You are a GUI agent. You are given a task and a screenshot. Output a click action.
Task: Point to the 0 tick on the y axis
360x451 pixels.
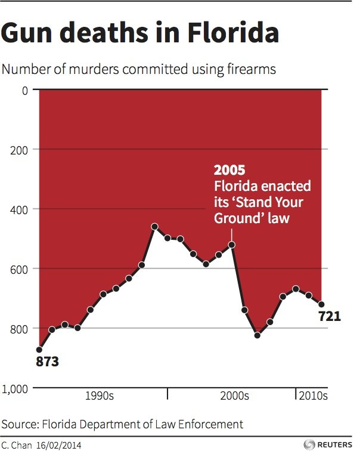click(24, 90)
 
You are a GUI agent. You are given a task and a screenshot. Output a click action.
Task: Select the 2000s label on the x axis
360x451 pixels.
click(234, 396)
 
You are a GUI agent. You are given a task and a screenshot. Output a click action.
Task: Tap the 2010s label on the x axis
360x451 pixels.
click(313, 396)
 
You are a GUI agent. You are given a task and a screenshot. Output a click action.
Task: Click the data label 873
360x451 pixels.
click(49, 361)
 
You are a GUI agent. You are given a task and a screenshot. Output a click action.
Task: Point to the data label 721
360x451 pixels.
click(330, 316)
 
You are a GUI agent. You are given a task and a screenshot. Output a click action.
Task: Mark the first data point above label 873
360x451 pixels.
click(39, 350)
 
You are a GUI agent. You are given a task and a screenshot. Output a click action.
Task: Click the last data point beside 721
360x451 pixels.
click(321, 304)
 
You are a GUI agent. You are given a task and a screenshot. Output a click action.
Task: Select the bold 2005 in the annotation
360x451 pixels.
click(229, 172)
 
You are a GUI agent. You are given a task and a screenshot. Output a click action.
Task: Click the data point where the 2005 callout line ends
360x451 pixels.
click(232, 245)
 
